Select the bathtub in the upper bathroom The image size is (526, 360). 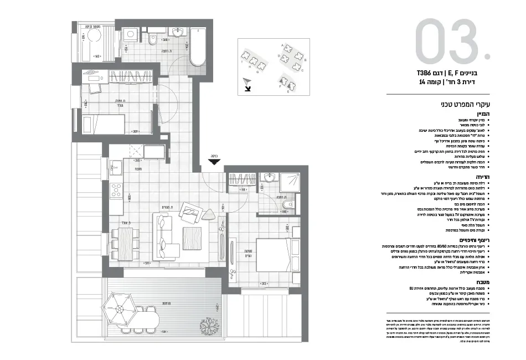point(197,48)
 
